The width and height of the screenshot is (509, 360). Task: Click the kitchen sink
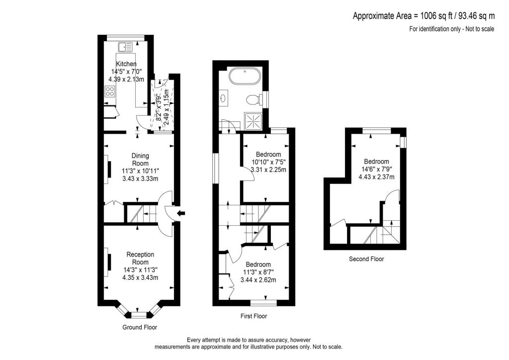pos(125,47)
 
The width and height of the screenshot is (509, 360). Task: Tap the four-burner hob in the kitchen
pos(110,91)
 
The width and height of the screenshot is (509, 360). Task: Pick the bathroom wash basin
pos(222,98)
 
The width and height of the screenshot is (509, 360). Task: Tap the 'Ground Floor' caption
pos(140,327)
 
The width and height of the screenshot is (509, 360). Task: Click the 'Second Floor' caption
pos(366,259)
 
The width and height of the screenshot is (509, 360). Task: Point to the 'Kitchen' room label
pos(126,64)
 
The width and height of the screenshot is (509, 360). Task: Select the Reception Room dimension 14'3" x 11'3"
pos(140,270)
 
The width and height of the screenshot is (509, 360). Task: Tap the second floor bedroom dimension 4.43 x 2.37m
pos(376,177)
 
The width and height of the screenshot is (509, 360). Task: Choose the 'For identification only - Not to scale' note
pos(451,29)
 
